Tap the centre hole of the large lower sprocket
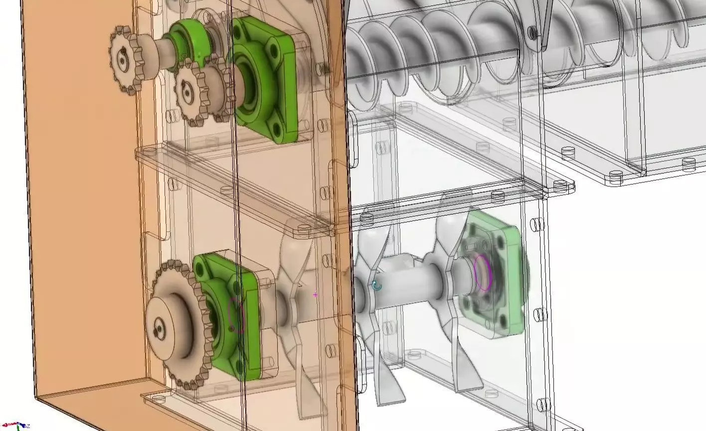click(x=159, y=328)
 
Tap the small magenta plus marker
click(x=315, y=295)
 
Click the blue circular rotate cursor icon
click(x=377, y=286)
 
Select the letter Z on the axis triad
click(x=28, y=426)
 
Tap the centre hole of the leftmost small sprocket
click(x=122, y=60)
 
